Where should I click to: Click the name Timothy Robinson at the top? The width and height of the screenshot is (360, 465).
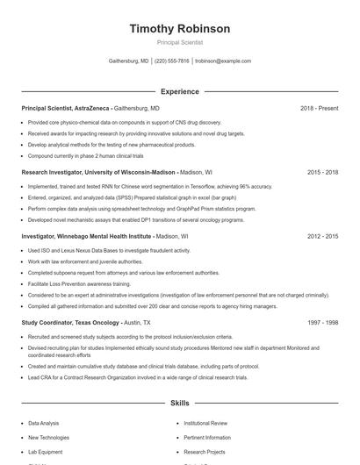pyautogui.click(x=179, y=29)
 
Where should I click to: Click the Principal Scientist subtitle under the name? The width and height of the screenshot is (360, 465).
pyautogui.click(x=179, y=42)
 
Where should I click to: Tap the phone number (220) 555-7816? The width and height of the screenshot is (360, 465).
pyautogui.click(x=171, y=61)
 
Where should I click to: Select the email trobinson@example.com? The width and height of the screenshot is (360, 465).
pyautogui.click(x=223, y=61)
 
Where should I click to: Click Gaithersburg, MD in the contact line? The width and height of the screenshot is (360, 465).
pyautogui.click(x=128, y=61)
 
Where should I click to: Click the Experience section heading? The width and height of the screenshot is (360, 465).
pyautogui.click(x=179, y=91)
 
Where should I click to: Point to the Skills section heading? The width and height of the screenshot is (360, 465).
pyautogui.click(x=179, y=404)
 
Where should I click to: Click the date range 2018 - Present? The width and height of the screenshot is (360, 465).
pyautogui.click(x=319, y=108)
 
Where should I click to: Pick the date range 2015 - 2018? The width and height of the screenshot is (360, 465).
pyautogui.click(x=322, y=173)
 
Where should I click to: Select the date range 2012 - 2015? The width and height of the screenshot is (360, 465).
pyautogui.click(x=322, y=237)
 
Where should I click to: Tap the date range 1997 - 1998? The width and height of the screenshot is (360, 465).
pyautogui.click(x=322, y=323)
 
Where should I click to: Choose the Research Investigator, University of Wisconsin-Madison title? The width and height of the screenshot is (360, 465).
pyautogui.click(x=98, y=173)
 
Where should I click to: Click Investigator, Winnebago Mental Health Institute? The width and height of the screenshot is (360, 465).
pyautogui.click(x=86, y=237)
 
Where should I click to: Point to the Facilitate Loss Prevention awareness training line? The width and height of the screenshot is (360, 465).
pyautogui.click(x=79, y=284)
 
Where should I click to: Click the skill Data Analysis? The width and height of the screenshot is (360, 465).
pyautogui.click(x=44, y=423)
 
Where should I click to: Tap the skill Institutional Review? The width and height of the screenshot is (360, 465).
pyautogui.click(x=205, y=423)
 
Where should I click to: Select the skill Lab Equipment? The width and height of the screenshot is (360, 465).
pyautogui.click(x=45, y=451)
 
